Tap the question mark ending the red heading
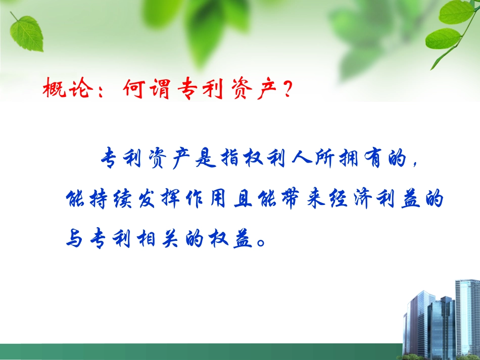click(x=287, y=91)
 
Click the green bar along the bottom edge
click(x=202, y=352)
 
